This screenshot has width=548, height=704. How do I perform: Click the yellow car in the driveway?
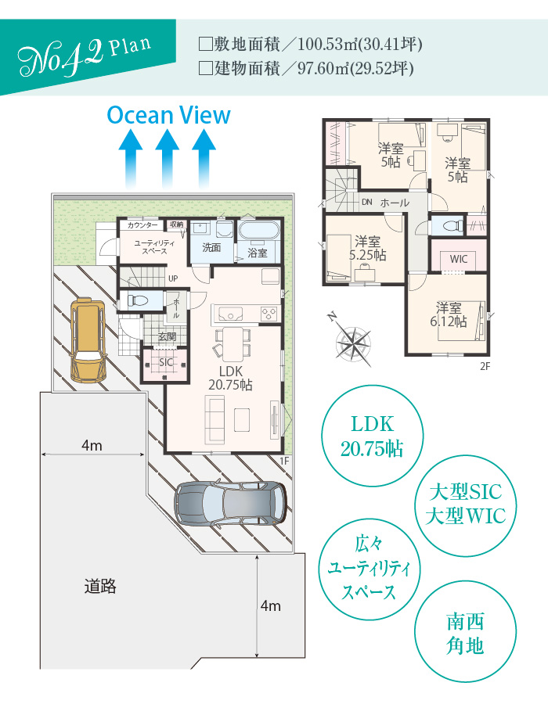click(x=88, y=340)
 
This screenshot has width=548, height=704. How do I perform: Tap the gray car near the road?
click(x=230, y=503)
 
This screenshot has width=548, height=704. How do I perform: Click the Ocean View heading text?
click(x=168, y=115)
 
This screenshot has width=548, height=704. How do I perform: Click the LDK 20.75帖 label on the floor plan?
click(x=230, y=378)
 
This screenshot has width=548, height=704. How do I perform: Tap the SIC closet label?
click(x=165, y=362)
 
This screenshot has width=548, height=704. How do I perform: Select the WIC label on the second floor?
click(x=458, y=259)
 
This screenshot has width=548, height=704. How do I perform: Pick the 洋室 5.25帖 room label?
click(x=367, y=248)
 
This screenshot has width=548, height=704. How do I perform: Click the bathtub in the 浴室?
click(x=258, y=231)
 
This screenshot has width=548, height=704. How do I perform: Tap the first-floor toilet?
click(x=137, y=300)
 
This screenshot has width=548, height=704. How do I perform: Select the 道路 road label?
click(x=100, y=587)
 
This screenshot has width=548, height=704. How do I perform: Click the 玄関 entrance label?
click(x=167, y=336)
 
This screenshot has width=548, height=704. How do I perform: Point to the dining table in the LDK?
click(x=233, y=344)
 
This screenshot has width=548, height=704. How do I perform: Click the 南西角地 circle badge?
click(x=465, y=632)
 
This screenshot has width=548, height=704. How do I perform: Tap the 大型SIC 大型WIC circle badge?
click(x=465, y=505)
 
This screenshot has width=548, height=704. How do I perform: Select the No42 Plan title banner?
click(x=88, y=57)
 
